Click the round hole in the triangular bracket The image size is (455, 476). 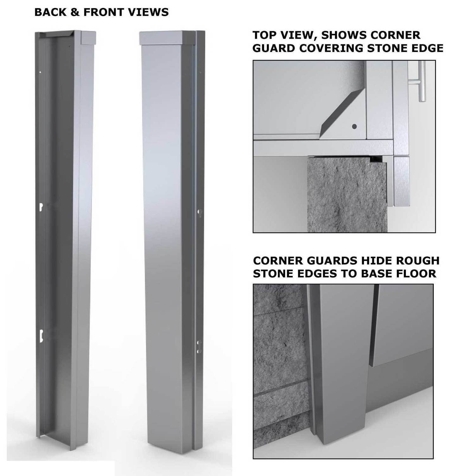(x=354, y=127)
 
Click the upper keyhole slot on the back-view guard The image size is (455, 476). (x=41, y=207)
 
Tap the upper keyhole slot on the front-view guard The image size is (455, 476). (x=199, y=212)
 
